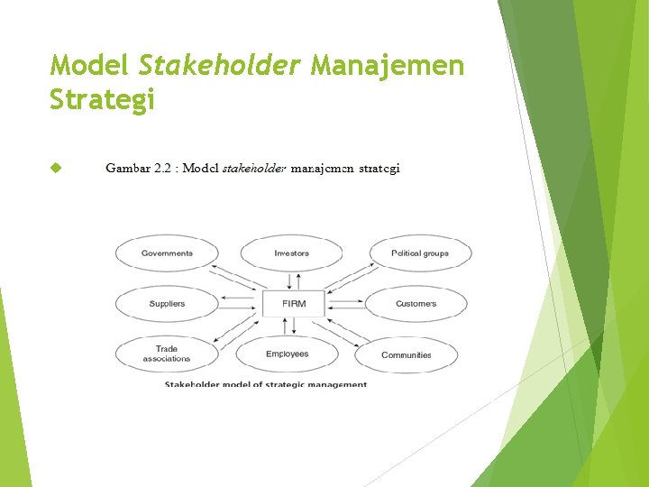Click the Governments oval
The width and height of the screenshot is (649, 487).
pyautogui.click(x=167, y=253)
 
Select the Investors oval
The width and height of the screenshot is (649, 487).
pyautogui.click(x=291, y=253)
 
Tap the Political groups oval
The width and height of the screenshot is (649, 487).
pyautogui.click(x=419, y=253)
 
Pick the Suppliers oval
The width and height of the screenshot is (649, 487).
pyautogui.click(x=167, y=304)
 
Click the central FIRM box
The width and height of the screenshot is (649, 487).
pyautogui.click(x=294, y=304)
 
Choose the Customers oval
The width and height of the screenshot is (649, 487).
pyautogui.click(x=416, y=304)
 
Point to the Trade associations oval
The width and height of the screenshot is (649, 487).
pyautogui.click(x=167, y=354)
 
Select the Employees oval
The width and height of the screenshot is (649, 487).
pyautogui.click(x=287, y=354)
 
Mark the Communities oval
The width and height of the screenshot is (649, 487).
pyautogui.click(x=406, y=355)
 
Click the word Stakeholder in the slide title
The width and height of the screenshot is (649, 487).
pyautogui.click(x=220, y=65)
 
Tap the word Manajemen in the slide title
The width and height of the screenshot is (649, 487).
pyautogui.click(x=388, y=65)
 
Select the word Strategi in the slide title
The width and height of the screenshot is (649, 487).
pyautogui.click(x=103, y=99)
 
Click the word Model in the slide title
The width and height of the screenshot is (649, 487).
pyautogui.click(x=89, y=65)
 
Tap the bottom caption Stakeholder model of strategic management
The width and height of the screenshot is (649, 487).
pyautogui.click(x=266, y=384)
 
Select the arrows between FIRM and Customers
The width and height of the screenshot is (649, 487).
pyautogui.click(x=347, y=304)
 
